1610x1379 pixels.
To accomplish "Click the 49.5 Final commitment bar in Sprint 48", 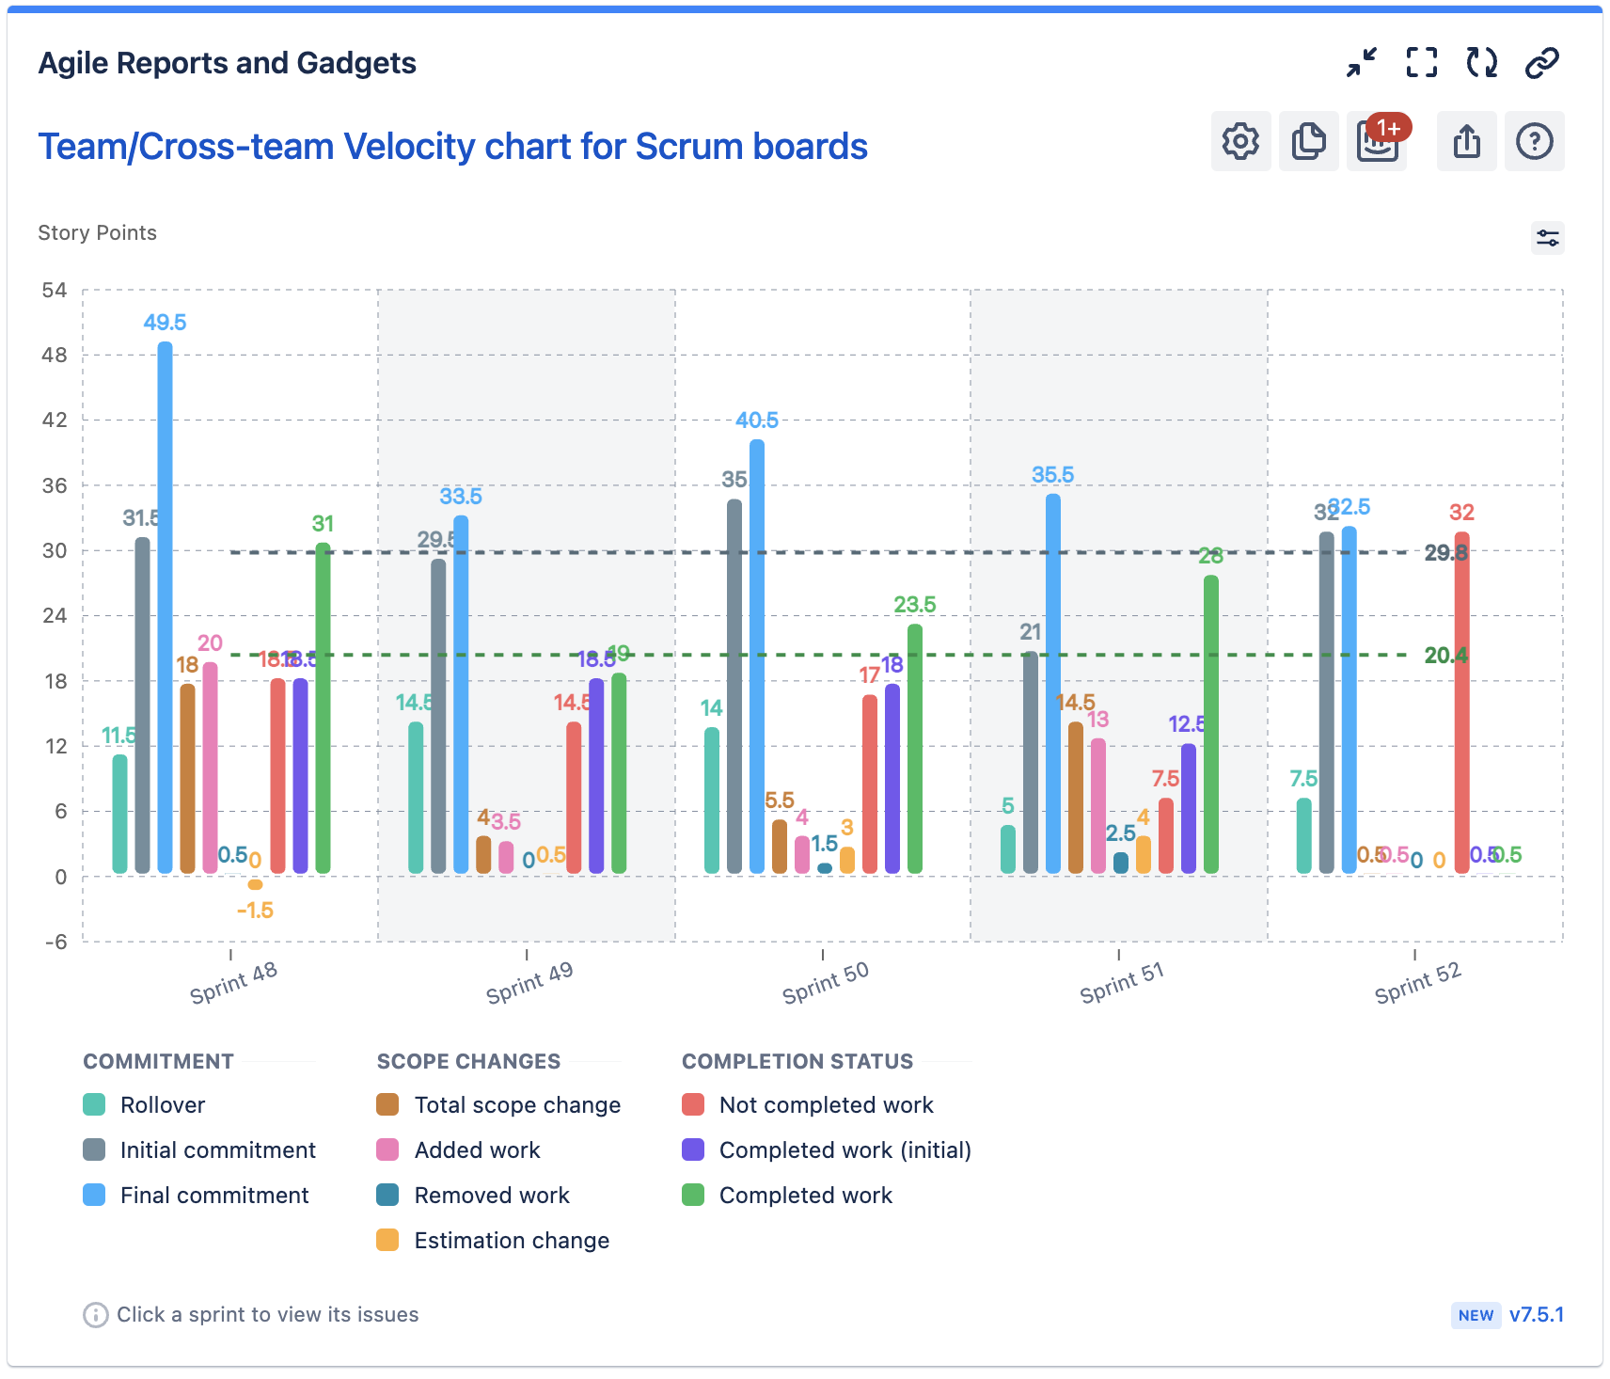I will [x=165, y=607].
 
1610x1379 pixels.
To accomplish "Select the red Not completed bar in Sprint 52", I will [x=1461, y=705].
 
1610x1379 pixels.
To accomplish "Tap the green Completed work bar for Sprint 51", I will [x=1211, y=724].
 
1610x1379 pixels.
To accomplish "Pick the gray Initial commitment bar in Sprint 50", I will [x=734, y=687].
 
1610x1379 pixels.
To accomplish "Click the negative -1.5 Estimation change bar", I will [x=255, y=884].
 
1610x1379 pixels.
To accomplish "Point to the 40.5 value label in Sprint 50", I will [x=757, y=420].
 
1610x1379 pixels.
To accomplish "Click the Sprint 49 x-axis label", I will [x=529, y=983].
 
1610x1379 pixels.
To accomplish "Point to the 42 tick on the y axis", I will [x=55, y=420].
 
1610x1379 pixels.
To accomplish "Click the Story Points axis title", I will [x=97, y=232].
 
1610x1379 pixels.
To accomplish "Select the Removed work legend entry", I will [x=492, y=1195].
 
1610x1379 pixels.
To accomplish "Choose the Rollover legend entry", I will [x=162, y=1104].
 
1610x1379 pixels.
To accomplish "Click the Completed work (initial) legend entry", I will [x=844, y=1149].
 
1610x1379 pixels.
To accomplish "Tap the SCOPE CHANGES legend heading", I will [x=468, y=1061].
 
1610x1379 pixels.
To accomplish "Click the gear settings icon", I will [x=1240, y=141].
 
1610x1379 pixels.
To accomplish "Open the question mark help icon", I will [x=1534, y=141].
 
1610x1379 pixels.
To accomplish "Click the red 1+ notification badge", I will [x=1389, y=128].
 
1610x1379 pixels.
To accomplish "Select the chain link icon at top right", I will [x=1541, y=63].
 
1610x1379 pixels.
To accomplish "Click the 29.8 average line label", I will [x=1445, y=552].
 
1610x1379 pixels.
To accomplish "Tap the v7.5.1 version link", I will [x=1536, y=1314].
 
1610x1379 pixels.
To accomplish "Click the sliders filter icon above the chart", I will [x=1547, y=238].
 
